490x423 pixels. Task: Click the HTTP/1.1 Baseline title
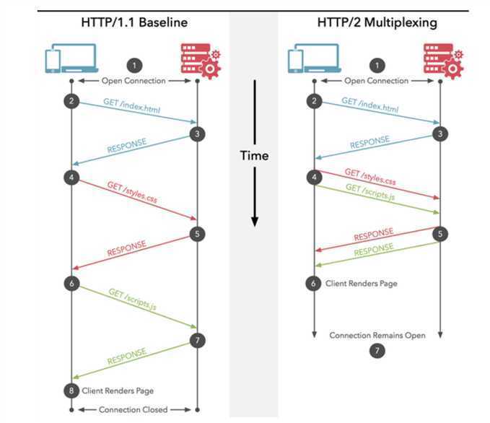coord(134,22)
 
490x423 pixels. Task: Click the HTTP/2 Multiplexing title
coord(377,22)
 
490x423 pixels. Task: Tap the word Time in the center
coord(254,155)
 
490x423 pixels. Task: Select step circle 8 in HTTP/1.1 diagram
coord(71,390)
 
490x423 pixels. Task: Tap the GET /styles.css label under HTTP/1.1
coord(133,194)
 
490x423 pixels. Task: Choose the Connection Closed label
coord(134,410)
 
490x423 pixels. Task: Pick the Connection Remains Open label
coord(377,335)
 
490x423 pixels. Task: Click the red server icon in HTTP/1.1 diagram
coord(197,59)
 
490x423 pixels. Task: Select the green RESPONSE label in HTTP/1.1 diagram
coord(128,356)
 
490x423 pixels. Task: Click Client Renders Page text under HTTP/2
coord(362,284)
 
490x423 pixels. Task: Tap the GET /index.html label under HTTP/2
coord(370,105)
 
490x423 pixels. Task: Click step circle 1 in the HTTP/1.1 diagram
coord(134,64)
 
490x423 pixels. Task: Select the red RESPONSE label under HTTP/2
coord(373,235)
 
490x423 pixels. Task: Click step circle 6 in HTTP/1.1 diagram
coord(71,284)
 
